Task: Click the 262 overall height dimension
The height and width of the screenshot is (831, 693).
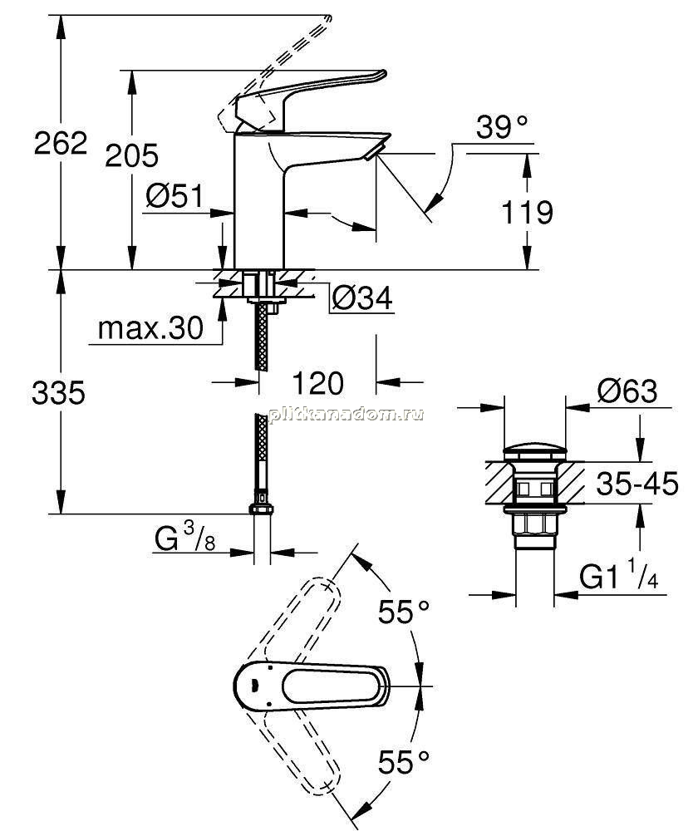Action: (61, 143)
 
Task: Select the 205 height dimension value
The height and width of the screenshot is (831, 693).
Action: (131, 155)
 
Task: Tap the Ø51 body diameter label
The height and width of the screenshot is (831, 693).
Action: (174, 196)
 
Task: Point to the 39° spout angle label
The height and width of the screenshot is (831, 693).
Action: (502, 127)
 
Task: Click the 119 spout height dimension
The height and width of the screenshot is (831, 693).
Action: (527, 212)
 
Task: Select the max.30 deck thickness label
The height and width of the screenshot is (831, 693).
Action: (150, 328)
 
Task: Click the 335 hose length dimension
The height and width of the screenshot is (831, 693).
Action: (58, 393)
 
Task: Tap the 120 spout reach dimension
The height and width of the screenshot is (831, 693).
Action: (318, 383)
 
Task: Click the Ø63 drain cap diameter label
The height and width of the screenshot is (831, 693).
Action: (627, 391)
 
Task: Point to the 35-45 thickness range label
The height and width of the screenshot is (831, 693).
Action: (637, 484)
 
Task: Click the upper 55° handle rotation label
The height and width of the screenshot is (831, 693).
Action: (403, 612)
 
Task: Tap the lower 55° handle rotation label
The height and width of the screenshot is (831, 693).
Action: (403, 762)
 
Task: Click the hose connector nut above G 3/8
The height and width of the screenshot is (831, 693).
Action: (261, 509)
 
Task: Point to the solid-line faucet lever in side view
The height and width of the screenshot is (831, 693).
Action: (310, 96)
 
